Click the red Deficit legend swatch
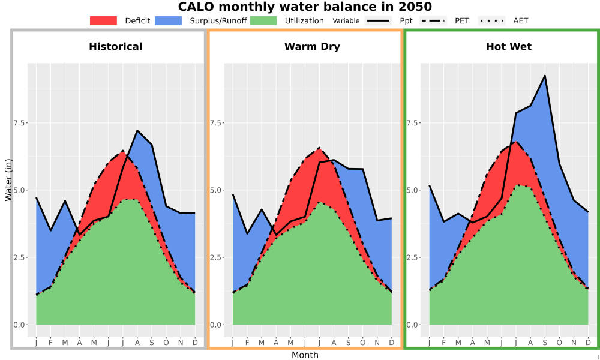(103, 20)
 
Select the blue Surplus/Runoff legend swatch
(169, 20)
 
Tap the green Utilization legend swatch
(263, 20)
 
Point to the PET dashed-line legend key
(433, 20)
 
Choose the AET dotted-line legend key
(492, 20)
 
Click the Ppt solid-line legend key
(378, 20)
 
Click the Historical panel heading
(116, 47)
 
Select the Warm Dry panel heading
(312, 47)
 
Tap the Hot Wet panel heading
(509, 47)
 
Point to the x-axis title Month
(305, 355)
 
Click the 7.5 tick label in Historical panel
(20, 123)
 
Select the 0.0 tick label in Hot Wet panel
(413, 325)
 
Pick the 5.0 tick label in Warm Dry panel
(217, 190)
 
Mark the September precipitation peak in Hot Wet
(545, 76)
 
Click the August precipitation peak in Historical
(137, 131)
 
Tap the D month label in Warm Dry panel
(391, 343)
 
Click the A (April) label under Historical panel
(80, 343)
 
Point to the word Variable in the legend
(346, 21)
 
